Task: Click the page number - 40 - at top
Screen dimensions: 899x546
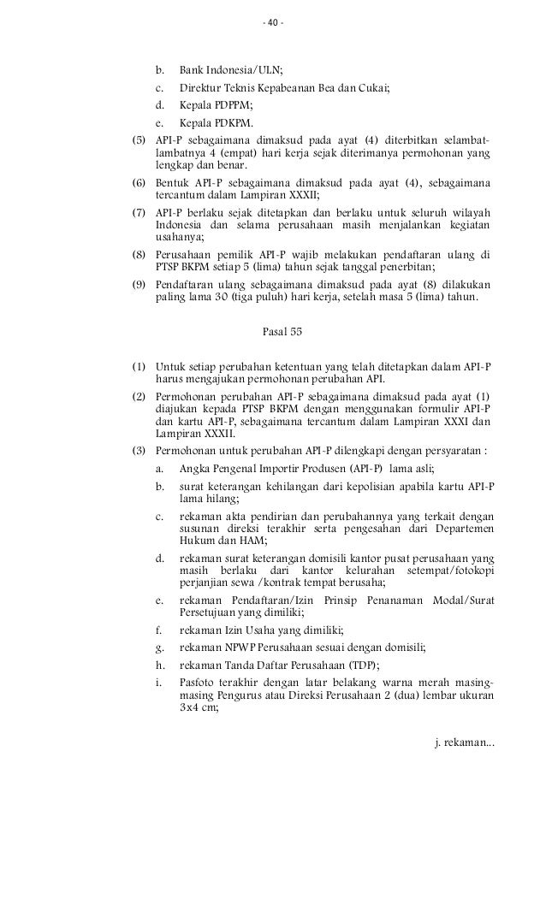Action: pyautogui.click(x=273, y=22)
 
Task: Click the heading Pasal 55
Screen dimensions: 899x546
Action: pyautogui.click(x=281, y=329)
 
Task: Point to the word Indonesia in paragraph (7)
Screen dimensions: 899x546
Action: pyautogui.click(x=178, y=225)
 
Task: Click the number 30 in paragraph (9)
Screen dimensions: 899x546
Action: pyautogui.click(x=223, y=298)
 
